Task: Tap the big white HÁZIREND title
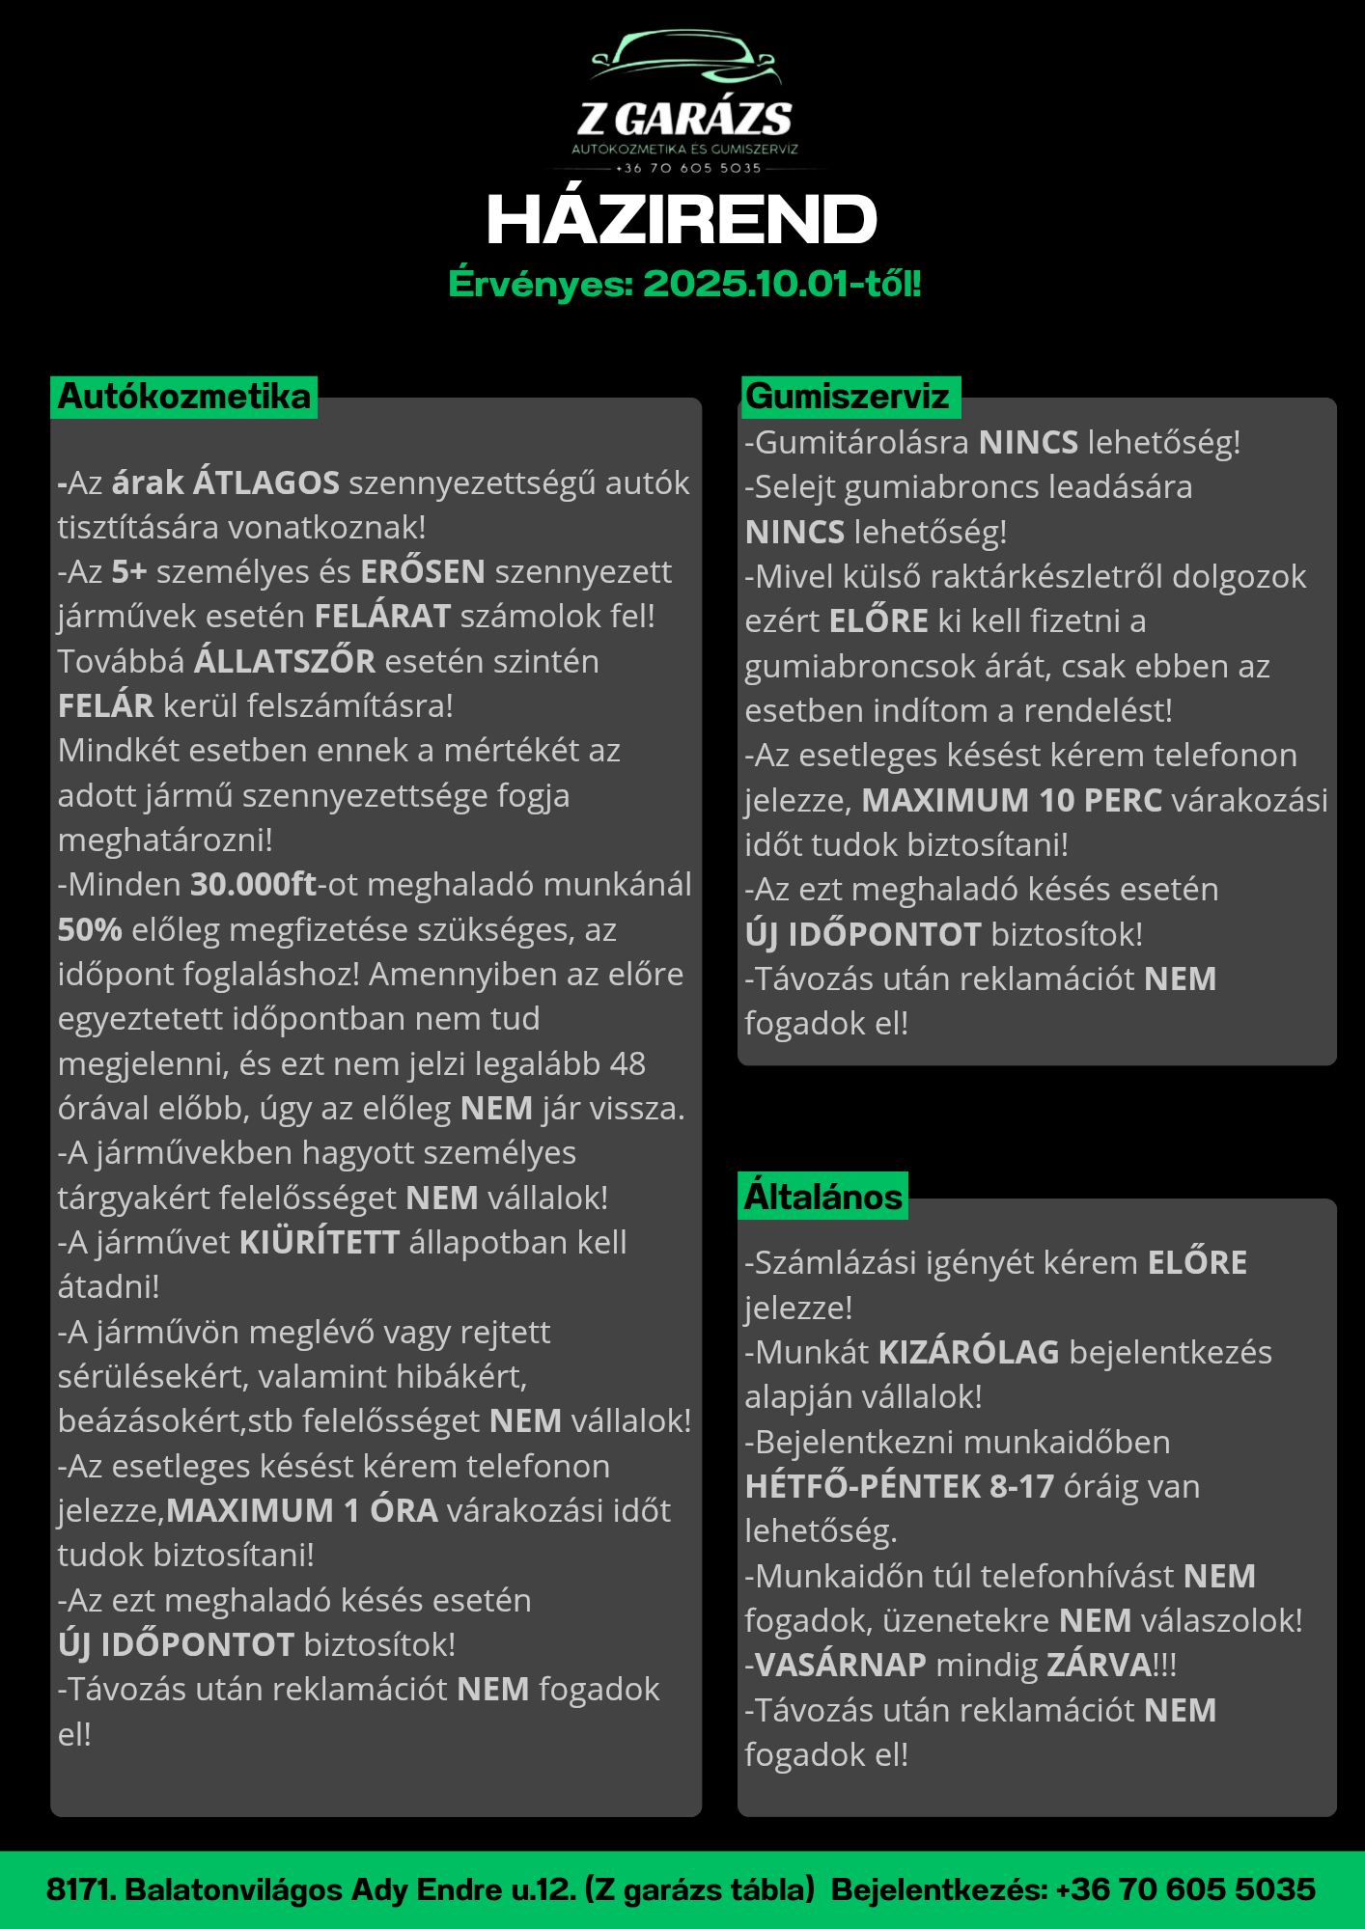(682, 219)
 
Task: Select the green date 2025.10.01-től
(781, 284)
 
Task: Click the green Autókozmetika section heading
(183, 397)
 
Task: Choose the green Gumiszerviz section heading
(848, 397)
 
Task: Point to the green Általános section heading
(822, 1197)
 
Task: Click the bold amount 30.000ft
(253, 885)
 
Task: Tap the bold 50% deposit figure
(90, 929)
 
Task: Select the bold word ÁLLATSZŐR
(285, 661)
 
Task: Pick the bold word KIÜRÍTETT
(320, 1242)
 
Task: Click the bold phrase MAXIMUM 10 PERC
(1012, 800)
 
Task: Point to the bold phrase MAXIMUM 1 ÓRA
(302, 1510)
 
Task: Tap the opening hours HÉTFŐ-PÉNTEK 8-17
(899, 1486)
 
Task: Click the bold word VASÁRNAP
(840, 1665)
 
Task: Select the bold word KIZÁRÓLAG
(968, 1352)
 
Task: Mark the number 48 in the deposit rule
(627, 1063)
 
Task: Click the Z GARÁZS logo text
(684, 120)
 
